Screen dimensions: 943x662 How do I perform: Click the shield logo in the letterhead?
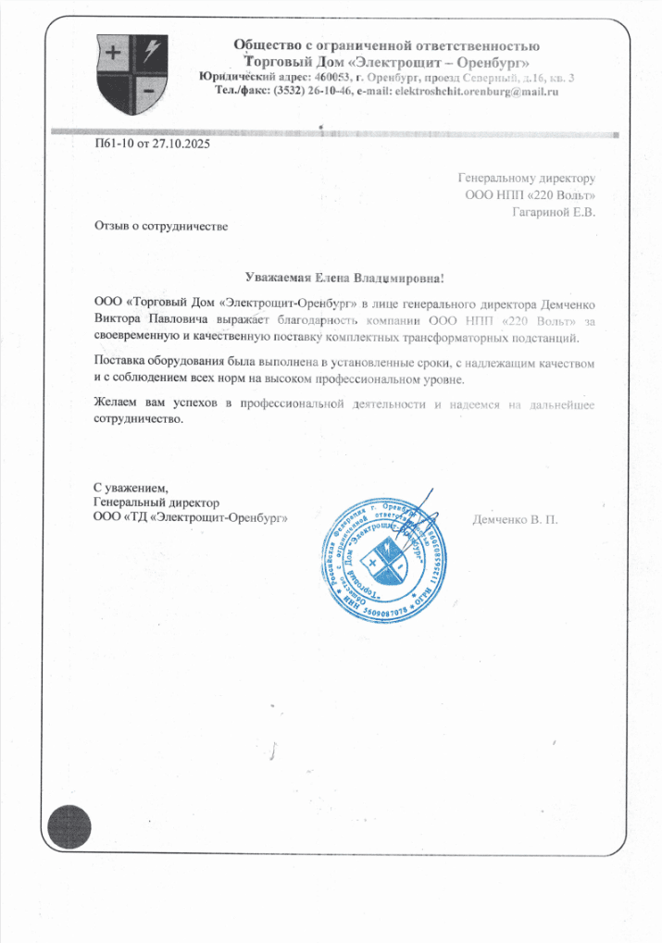click(x=133, y=71)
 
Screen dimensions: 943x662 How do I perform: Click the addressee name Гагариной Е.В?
click(x=554, y=212)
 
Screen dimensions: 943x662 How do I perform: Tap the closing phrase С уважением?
click(x=130, y=487)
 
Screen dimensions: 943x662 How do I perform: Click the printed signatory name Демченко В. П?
click(x=515, y=519)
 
